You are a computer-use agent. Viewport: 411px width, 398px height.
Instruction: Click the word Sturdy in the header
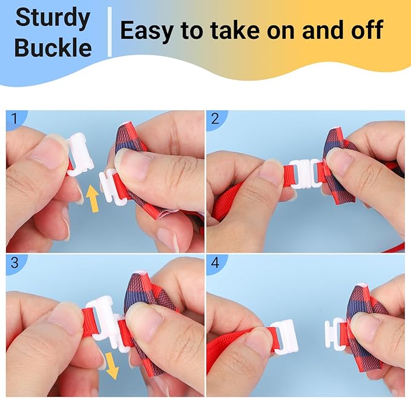point(53,18)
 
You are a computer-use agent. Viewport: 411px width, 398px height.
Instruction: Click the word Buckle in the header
point(53,47)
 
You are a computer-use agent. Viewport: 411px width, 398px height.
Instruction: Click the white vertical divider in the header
point(110,32)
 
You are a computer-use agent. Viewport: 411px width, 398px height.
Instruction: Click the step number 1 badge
point(15,119)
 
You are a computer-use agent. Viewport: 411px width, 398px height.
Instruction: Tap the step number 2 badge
point(215,119)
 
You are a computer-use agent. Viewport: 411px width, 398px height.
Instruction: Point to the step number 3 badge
point(15,262)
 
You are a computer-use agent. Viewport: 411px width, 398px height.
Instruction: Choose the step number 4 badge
point(215,262)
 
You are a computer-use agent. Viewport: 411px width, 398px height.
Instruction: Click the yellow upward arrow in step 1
point(93,198)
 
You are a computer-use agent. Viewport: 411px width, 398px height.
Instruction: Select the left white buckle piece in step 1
point(80,154)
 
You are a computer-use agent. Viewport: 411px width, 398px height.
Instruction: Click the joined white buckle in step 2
point(305,174)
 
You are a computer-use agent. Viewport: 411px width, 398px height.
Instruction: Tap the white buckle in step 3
point(106,323)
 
